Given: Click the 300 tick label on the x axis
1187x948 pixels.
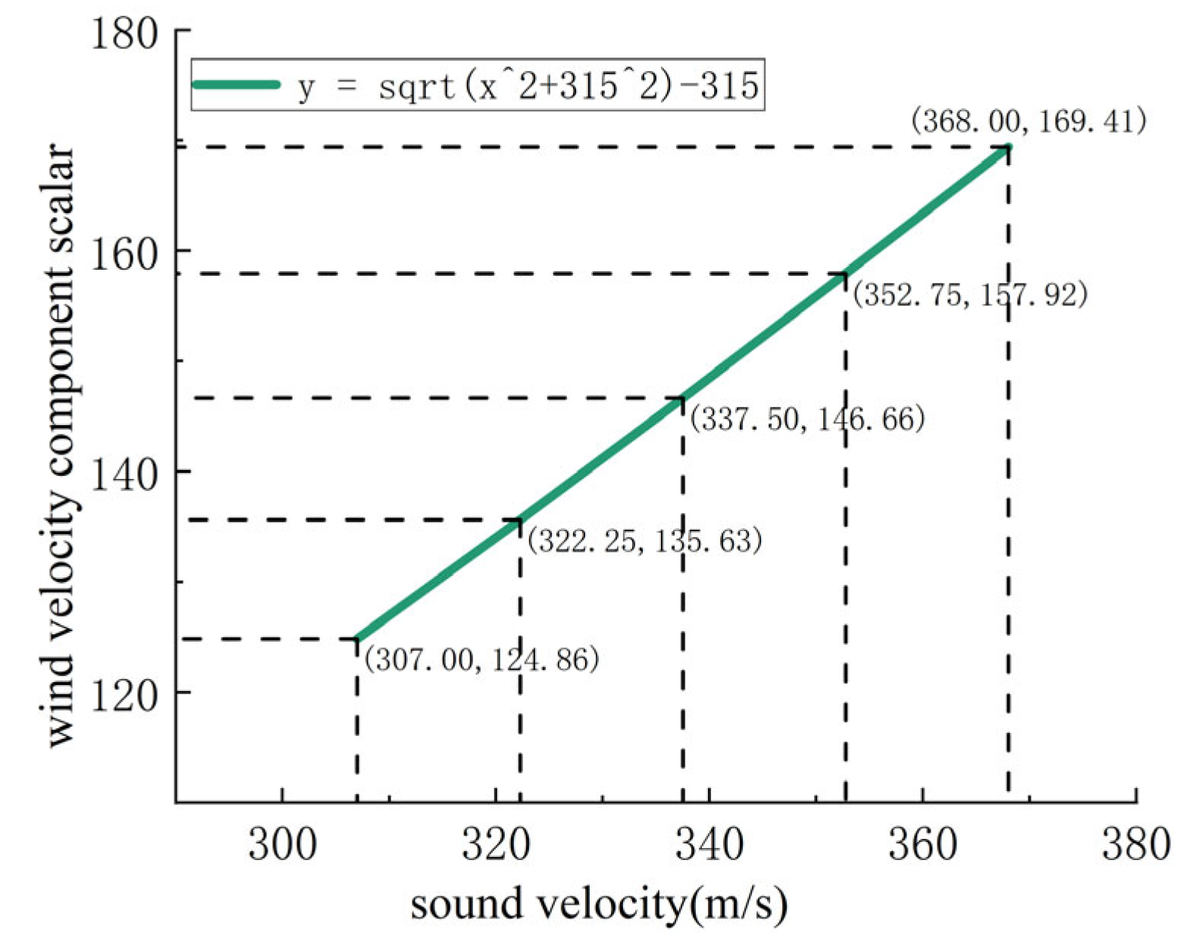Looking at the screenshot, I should (282, 843).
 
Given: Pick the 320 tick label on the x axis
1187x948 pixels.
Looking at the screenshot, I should (496, 843).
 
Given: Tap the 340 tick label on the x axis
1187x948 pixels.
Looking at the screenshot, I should (709, 843).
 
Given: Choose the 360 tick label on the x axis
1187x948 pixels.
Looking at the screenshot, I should (922, 843).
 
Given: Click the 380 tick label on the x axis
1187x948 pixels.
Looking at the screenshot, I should (1135, 843).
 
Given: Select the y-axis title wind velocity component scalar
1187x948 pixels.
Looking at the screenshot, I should (59, 447).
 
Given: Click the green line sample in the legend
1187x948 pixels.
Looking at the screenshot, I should (236, 85).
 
